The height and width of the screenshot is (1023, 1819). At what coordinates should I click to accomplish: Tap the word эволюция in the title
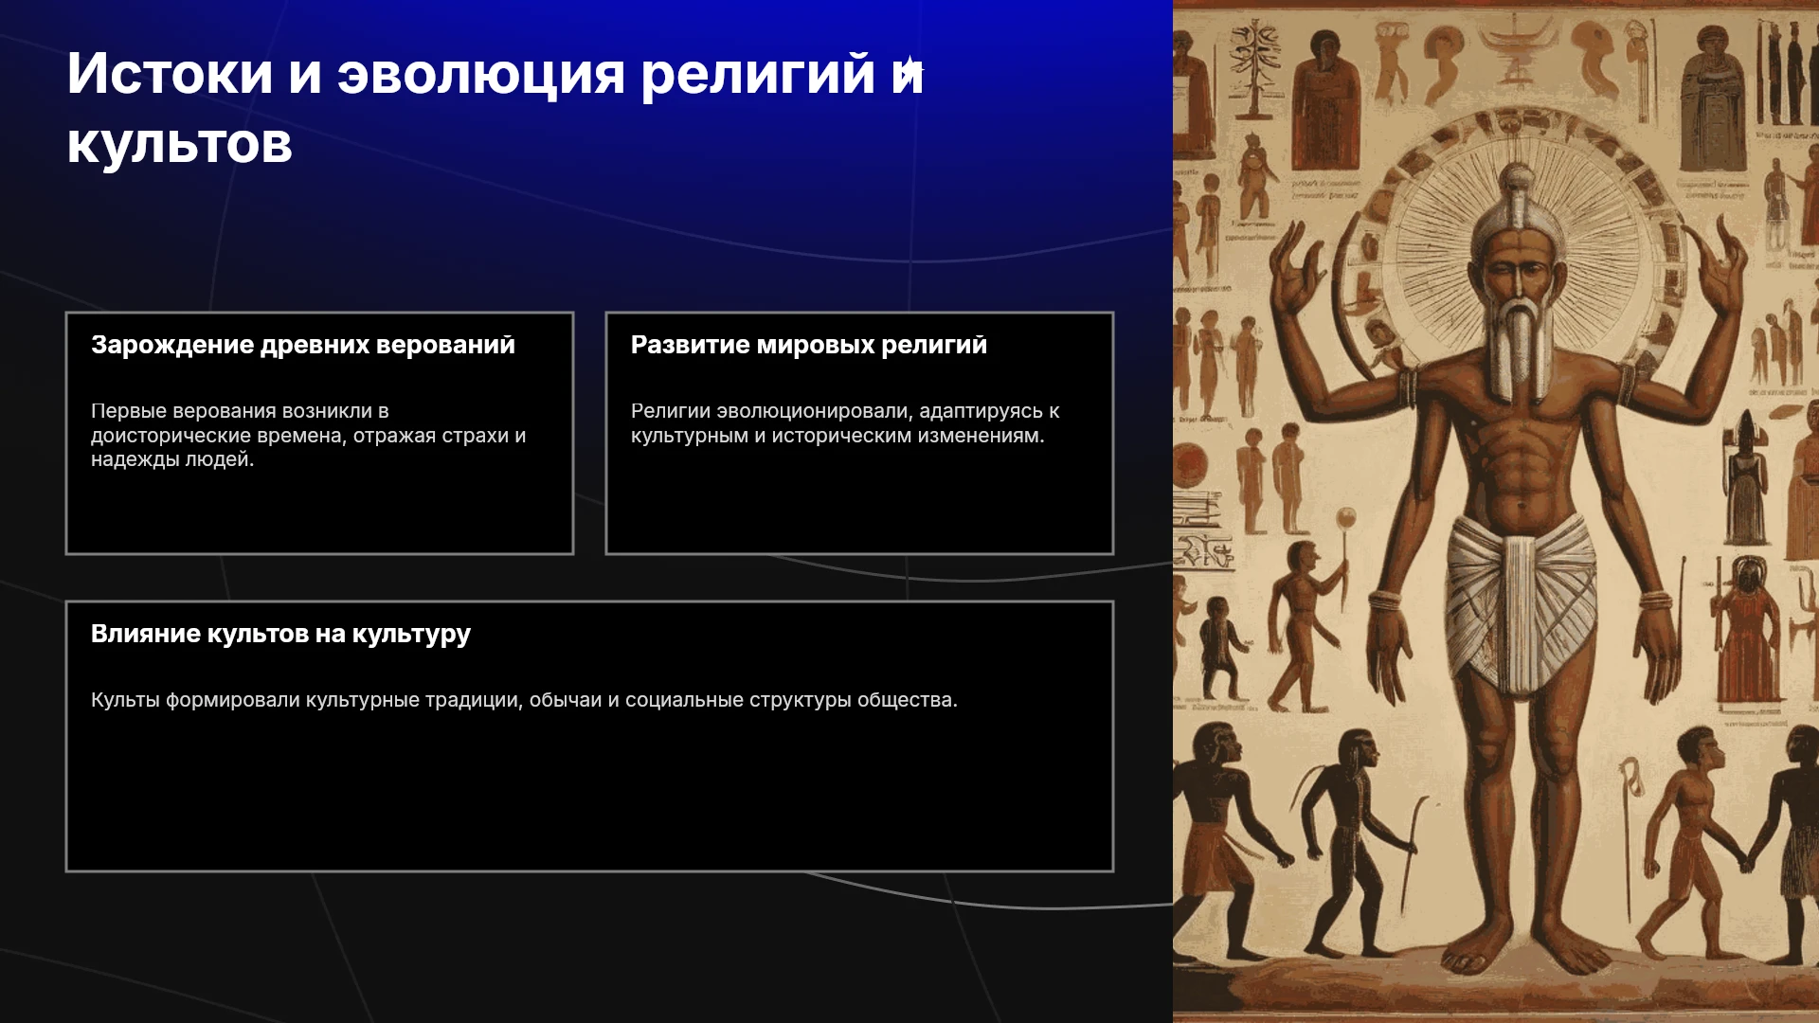[481, 74]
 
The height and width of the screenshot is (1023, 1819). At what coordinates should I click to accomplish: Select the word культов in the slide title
[180, 145]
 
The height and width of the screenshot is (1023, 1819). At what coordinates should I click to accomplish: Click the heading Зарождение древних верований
[303, 345]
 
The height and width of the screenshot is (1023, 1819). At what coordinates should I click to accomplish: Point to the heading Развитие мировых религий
[809, 345]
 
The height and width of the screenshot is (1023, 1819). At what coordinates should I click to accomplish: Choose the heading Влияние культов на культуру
[280, 634]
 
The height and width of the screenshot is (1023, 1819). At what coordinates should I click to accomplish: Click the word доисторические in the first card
[169, 436]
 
